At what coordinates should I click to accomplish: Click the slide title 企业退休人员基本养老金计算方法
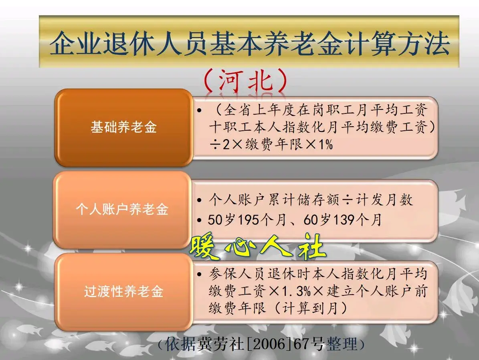(249, 43)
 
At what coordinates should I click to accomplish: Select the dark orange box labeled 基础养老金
(123, 127)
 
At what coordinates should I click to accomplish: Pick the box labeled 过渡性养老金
(123, 291)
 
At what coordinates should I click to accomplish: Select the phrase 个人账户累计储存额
(272, 200)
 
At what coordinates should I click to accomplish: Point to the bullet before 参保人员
(199, 274)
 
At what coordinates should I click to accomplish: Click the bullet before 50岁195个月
(199, 220)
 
